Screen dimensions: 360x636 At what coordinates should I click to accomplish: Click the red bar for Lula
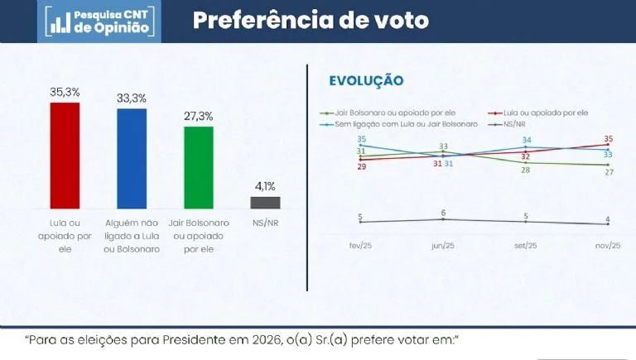point(65,155)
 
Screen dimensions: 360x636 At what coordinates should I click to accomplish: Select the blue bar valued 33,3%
point(132,158)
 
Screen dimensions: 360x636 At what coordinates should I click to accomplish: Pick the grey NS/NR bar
point(265,202)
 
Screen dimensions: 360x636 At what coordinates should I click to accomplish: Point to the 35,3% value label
point(65,91)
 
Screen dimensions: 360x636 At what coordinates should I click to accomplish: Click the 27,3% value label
point(199,116)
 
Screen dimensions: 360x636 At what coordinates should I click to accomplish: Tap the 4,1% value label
point(265,186)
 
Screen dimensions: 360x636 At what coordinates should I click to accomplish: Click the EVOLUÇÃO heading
point(366,80)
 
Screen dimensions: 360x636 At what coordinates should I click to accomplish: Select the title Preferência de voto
point(311,21)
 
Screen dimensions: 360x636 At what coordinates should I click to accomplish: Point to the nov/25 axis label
point(609,246)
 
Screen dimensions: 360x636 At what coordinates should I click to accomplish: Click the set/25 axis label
point(526,246)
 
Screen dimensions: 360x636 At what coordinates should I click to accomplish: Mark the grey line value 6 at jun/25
point(443,213)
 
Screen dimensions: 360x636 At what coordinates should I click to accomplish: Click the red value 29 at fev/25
point(361,167)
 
